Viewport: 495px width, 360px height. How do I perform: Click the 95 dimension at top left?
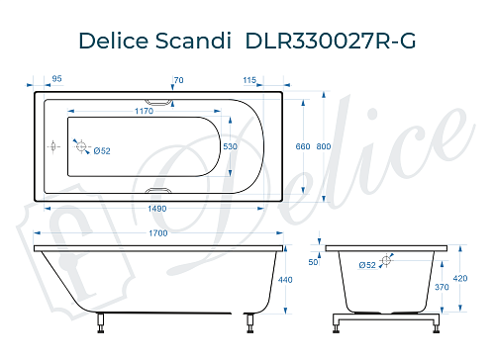click(56, 79)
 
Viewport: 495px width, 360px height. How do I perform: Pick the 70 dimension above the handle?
click(178, 79)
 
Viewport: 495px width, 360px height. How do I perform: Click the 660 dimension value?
click(303, 146)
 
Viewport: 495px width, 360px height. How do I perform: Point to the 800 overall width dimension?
click(324, 146)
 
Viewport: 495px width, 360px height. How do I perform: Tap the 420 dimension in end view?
click(460, 278)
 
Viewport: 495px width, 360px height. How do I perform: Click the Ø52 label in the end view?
click(367, 265)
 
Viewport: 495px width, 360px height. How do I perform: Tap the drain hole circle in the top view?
click(83, 147)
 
